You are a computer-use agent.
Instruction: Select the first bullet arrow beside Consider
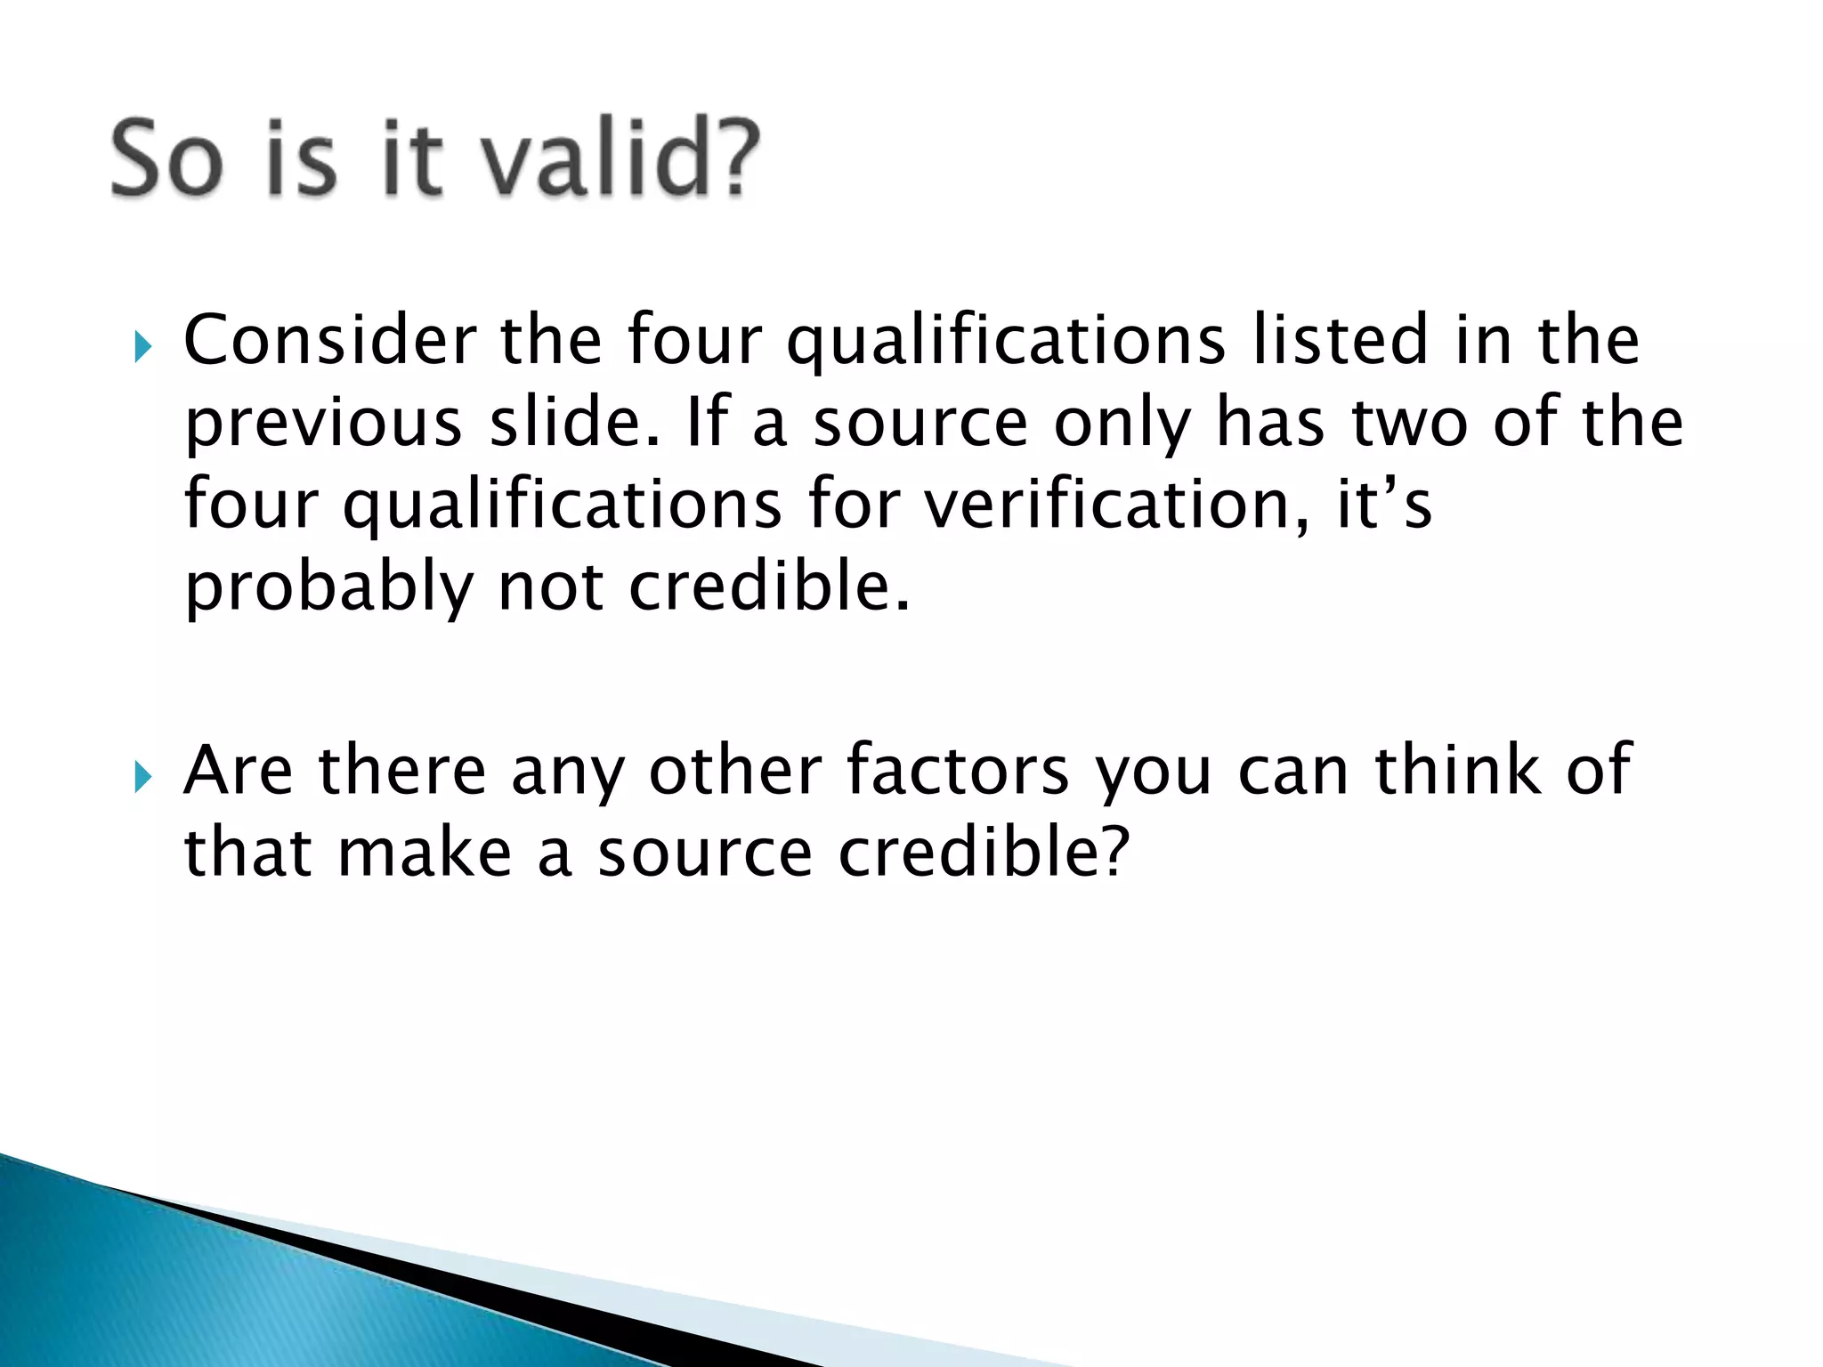(x=142, y=346)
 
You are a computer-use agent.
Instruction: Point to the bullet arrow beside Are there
(x=142, y=776)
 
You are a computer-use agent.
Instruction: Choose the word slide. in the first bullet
(x=575, y=423)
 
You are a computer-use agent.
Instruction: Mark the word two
(x=1410, y=423)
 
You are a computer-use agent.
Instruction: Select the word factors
(x=958, y=770)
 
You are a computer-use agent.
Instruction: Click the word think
(x=1458, y=770)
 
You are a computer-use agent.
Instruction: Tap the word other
(x=735, y=770)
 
